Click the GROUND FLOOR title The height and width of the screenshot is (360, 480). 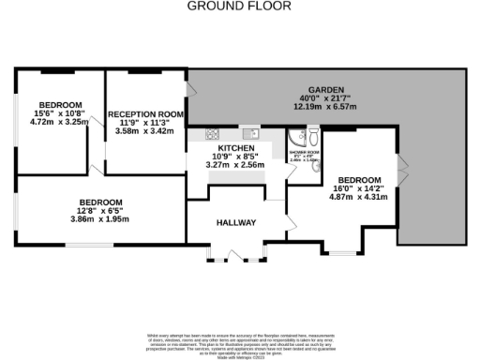239,6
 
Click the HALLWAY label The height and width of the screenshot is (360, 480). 236,222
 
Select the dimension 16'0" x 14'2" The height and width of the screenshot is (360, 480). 360,188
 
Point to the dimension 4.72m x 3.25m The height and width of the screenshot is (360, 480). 59,122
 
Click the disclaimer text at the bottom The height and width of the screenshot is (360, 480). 239,342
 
